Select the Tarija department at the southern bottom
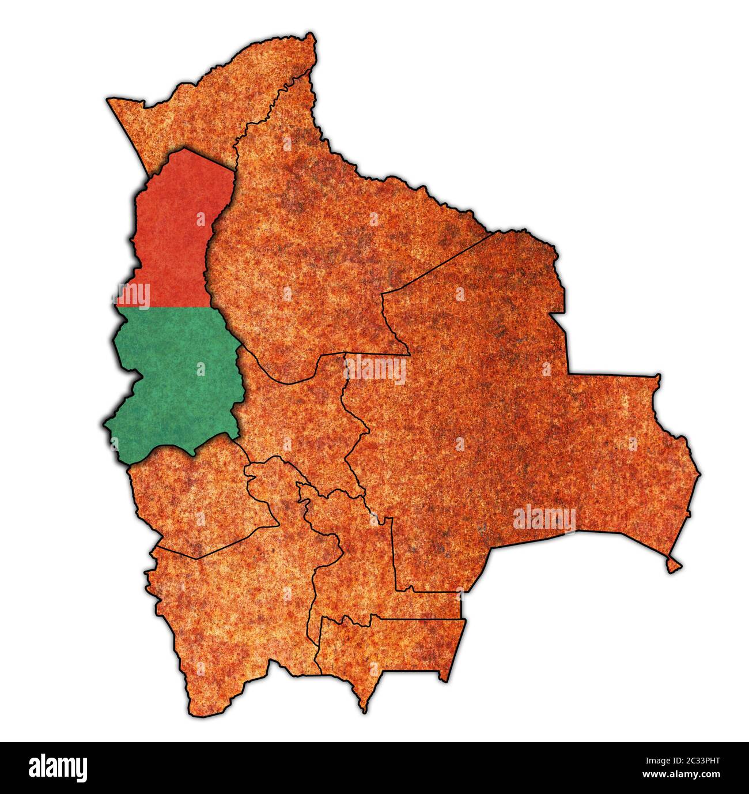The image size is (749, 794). [386, 646]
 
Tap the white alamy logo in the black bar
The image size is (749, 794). [58, 767]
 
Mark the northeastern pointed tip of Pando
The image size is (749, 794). [313, 37]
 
